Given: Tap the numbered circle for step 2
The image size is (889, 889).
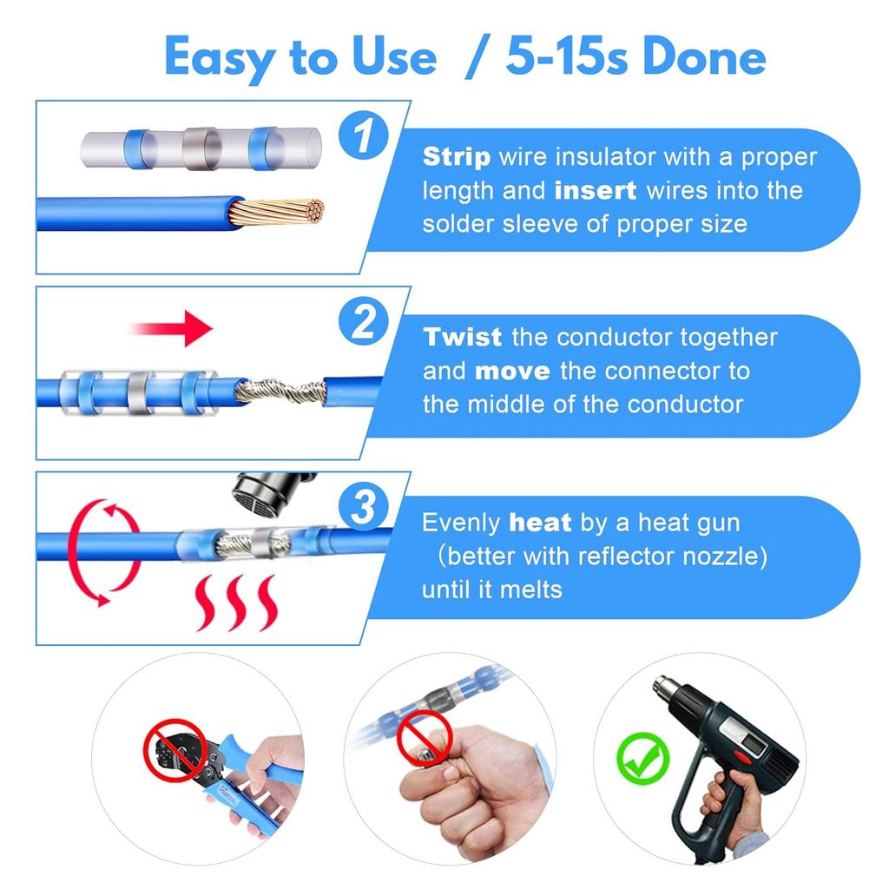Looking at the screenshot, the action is click(364, 321).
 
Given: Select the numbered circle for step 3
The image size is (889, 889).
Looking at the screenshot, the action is click(364, 506).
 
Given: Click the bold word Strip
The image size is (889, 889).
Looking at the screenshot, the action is click(457, 157).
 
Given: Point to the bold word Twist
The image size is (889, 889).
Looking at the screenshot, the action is click(462, 337).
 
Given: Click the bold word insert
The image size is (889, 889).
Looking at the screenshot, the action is click(596, 190).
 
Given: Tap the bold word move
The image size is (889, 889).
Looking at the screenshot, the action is click(512, 372).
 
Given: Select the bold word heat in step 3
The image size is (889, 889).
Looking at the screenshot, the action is click(540, 522).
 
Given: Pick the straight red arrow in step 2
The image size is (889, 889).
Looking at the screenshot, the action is click(171, 327).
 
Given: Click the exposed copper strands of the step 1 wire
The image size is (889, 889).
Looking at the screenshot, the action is click(277, 212).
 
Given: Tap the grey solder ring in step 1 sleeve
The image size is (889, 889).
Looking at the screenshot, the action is click(201, 148).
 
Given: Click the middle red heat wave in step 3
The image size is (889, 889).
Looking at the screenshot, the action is click(235, 603).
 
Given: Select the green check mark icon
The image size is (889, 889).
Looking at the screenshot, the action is click(643, 758).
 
